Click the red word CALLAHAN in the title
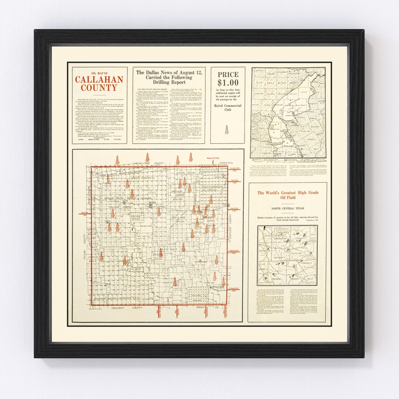(x=99, y=80)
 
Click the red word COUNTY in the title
(x=99, y=88)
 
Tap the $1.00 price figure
(x=228, y=83)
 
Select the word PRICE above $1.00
(x=228, y=74)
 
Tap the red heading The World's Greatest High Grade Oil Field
(x=288, y=195)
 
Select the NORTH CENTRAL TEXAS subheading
(x=288, y=209)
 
